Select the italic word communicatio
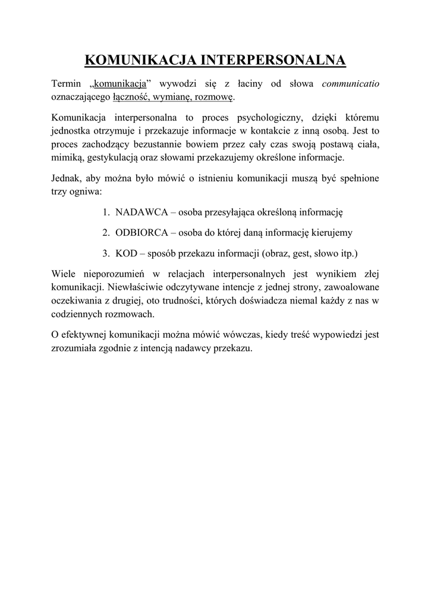tap(350, 84)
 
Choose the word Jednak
tap(66, 179)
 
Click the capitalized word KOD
tap(126, 254)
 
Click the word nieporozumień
tap(112, 274)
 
